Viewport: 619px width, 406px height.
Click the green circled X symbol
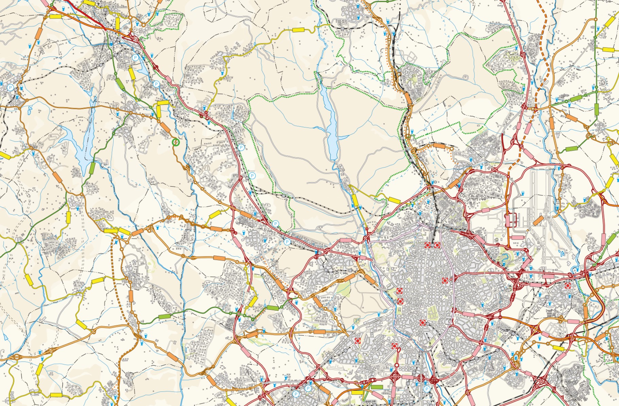pos(176,142)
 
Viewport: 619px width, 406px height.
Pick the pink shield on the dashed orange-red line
pos(528,128)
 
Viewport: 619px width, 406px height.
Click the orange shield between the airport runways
pos(538,220)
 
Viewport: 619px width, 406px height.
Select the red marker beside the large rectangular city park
pos(422,322)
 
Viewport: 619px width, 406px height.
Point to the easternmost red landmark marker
pos(568,286)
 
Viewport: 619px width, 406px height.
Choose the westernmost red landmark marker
pos(357,340)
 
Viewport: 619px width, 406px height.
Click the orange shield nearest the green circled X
pos(165,127)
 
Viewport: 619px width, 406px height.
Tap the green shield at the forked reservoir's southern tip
pos(92,167)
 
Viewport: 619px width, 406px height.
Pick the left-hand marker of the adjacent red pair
pos(428,245)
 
